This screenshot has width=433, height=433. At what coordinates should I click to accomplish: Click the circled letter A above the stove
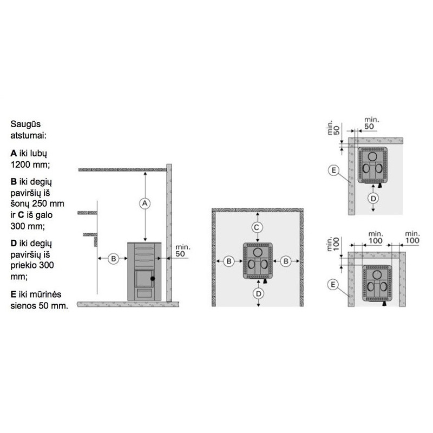[x=145, y=204]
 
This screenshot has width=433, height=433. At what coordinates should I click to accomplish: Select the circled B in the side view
[x=113, y=259]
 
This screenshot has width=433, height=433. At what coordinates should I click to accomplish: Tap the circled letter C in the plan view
[x=257, y=227]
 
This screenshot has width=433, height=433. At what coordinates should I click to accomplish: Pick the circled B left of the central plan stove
[x=228, y=261]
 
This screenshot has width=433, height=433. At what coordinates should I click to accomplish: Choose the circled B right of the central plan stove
[x=286, y=261]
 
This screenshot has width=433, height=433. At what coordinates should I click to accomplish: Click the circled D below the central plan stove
[x=259, y=293]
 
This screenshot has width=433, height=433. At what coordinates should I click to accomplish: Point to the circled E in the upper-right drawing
[x=333, y=170]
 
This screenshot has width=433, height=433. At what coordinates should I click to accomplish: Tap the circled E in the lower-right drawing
[x=333, y=285]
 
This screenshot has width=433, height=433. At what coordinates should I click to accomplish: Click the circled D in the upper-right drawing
[x=373, y=198]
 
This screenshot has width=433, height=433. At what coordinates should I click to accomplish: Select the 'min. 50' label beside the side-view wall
[x=182, y=251]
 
